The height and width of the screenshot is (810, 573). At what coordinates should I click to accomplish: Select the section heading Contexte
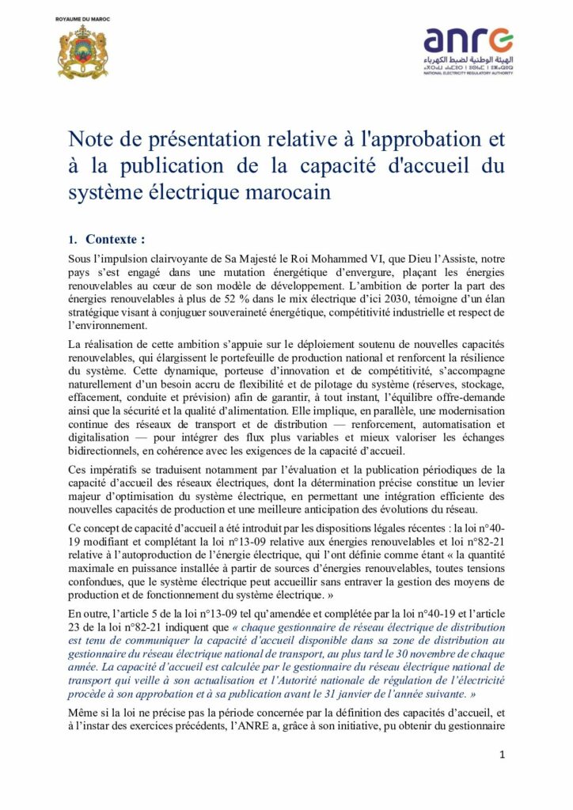pos(116,239)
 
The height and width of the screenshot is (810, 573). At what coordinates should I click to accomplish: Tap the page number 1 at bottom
pos(502,755)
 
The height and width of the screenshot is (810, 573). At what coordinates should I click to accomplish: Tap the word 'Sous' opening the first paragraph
pos(81,259)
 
